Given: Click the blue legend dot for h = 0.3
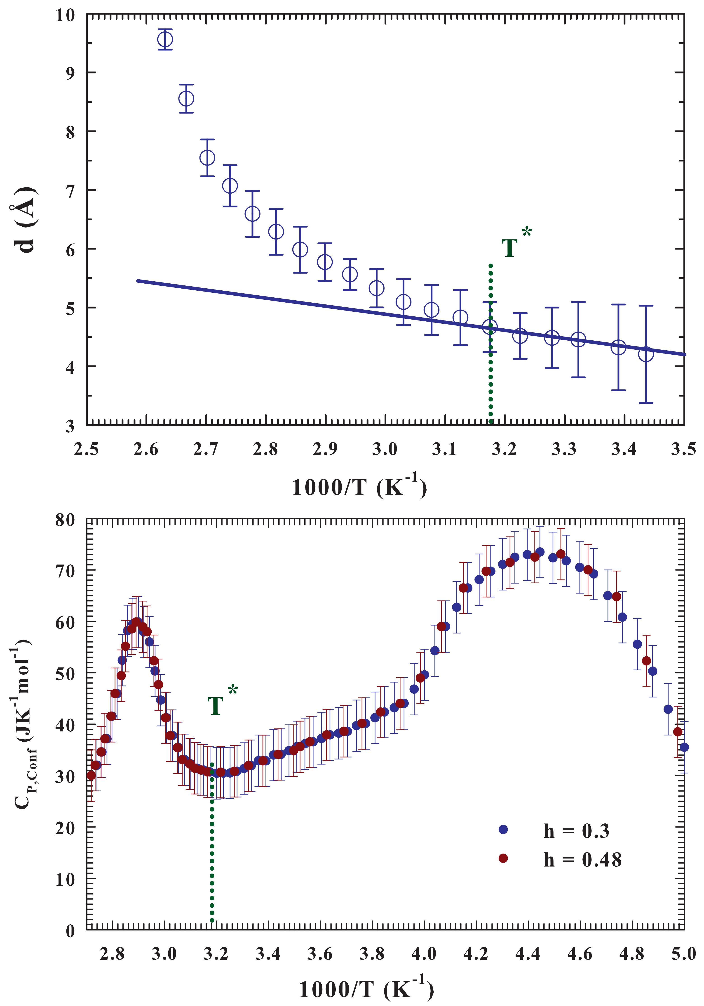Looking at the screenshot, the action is pos(503,829).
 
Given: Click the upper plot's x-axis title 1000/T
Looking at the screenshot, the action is pos(359,486).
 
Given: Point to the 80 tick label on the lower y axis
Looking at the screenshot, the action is pos(66,520).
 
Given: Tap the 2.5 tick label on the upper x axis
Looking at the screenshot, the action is pos(86,449).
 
